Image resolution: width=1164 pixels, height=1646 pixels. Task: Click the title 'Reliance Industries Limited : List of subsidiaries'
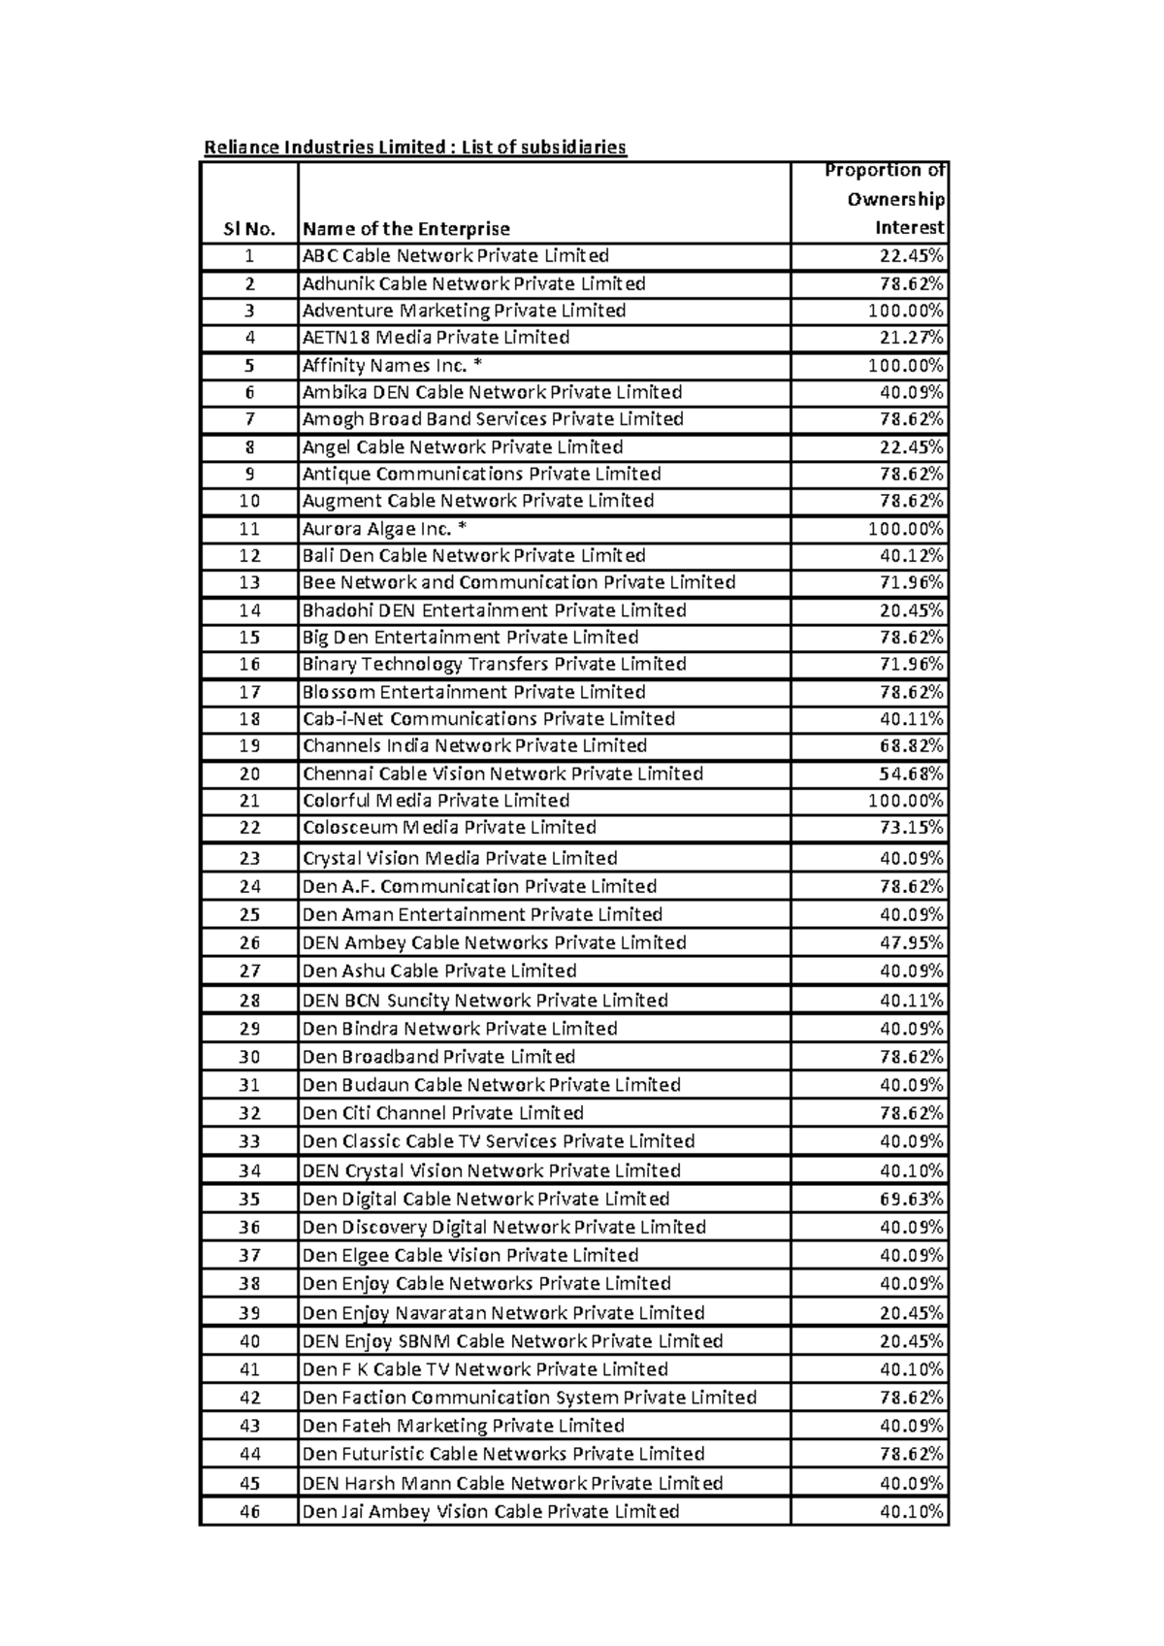click(414, 148)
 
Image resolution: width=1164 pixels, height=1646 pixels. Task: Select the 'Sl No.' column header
click(249, 229)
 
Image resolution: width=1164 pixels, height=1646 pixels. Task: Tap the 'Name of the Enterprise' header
click(405, 229)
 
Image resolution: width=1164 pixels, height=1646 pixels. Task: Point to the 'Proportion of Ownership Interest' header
click(884, 199)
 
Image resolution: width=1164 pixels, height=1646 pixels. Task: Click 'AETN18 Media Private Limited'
click(436, 338)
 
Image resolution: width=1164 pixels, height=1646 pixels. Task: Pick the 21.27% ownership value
click(911, 338)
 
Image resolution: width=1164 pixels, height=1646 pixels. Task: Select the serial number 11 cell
click(249, 529)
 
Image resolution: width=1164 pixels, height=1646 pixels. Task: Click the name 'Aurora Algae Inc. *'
click(391, 529)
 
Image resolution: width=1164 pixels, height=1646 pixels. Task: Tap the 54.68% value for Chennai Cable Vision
click(911, 774)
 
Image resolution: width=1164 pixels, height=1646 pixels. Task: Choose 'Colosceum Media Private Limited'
click(449, 828)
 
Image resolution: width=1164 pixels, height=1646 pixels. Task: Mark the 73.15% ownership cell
click(911, 828)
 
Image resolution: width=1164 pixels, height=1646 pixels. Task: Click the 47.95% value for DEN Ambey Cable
click(911, 942)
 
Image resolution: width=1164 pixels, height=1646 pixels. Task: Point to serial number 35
click(249, 1199)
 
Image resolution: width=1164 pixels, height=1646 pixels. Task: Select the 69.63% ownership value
click(911, 1199)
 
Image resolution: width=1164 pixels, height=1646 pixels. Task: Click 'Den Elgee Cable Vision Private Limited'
click(469, 1255)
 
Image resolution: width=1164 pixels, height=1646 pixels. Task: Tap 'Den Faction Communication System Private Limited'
click(529, 1398)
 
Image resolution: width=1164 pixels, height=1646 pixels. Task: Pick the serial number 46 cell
click(249, 1511)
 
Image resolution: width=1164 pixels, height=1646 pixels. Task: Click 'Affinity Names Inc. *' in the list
click(392, 366)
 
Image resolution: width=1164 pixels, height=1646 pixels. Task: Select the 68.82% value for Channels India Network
click(911, 746)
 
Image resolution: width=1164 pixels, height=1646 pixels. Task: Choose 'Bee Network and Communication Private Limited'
click(518, 582)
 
